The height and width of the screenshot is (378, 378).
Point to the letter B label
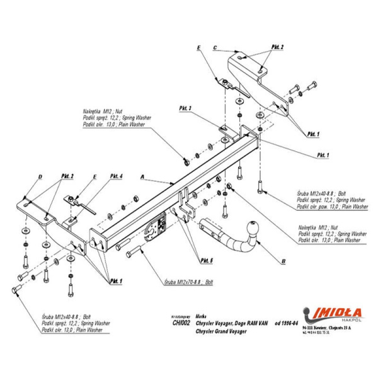coord(284,259)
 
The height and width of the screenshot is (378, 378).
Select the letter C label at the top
coord(215,47)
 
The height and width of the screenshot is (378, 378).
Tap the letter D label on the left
coord(40,176)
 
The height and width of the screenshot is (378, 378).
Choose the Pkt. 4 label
coord(116,175)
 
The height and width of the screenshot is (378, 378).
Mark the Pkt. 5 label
coord(206,260)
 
